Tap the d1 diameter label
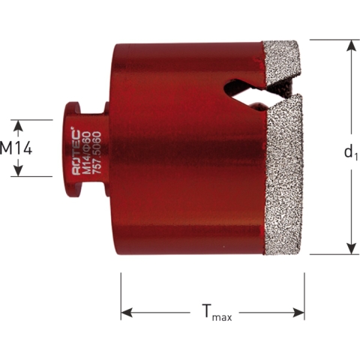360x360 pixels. click(x=349, y=152)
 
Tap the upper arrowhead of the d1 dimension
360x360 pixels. click(x=349, y=45)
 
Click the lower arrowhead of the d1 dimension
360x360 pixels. click(x=349, y=249)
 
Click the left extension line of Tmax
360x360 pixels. click(x=121, y=296)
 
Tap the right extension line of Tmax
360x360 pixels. click(x=304, y=296)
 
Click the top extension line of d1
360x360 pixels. click(x=330, y=39)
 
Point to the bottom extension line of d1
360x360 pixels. click(x=330, y=255)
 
